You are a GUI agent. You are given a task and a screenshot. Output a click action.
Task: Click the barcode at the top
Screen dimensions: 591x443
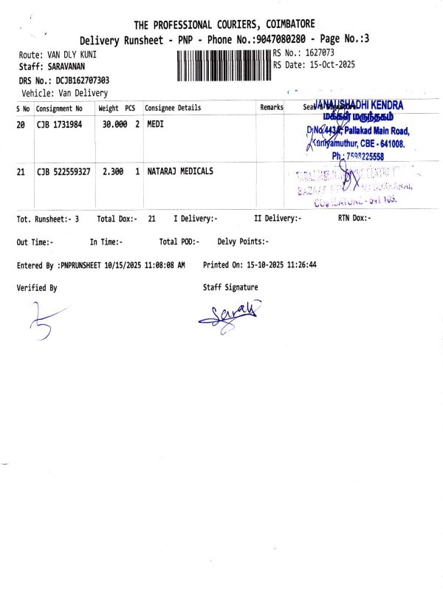[x=224, y=65]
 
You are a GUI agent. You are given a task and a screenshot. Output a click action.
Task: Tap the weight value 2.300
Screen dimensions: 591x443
[x=112, y=171]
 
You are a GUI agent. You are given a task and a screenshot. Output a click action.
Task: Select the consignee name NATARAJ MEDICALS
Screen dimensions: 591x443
[x=180, y=171]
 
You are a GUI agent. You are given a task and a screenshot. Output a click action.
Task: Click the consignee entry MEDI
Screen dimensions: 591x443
[x=155, y=124]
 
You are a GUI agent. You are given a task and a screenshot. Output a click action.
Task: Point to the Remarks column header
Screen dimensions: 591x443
[x=272, y=108]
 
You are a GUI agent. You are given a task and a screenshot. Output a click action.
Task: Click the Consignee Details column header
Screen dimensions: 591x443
[x=173, y=108]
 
